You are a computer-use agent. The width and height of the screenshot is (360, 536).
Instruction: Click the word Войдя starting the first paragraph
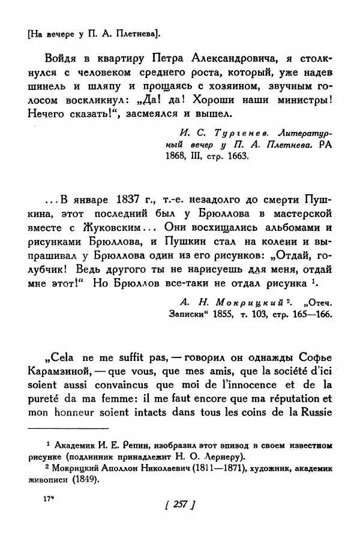click(60, 59)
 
